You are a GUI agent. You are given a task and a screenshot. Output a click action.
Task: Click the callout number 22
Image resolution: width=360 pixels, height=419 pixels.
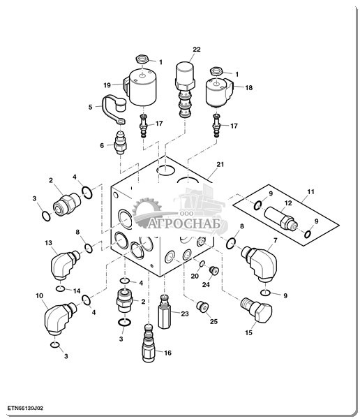click(x=197, y=50)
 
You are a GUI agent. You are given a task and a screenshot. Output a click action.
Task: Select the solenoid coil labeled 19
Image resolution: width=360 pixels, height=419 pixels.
click(x=141, y=87)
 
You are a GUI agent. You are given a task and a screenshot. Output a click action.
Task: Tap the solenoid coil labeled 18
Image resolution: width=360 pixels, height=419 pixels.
click(x=219, y=92)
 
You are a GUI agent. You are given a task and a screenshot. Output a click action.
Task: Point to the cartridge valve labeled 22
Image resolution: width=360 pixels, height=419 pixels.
click(x=185, y=89)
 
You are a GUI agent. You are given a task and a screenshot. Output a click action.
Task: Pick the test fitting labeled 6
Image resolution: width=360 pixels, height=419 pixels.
click(x=121, y=142)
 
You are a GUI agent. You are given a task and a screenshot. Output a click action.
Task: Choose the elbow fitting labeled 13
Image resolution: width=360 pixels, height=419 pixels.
click(x=64, y=265)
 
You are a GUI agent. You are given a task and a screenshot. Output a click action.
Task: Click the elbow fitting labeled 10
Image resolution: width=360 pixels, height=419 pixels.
click(x=59, y=318)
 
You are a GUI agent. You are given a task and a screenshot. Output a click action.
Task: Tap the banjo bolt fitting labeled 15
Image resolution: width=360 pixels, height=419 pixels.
click(x=256, y=309)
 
